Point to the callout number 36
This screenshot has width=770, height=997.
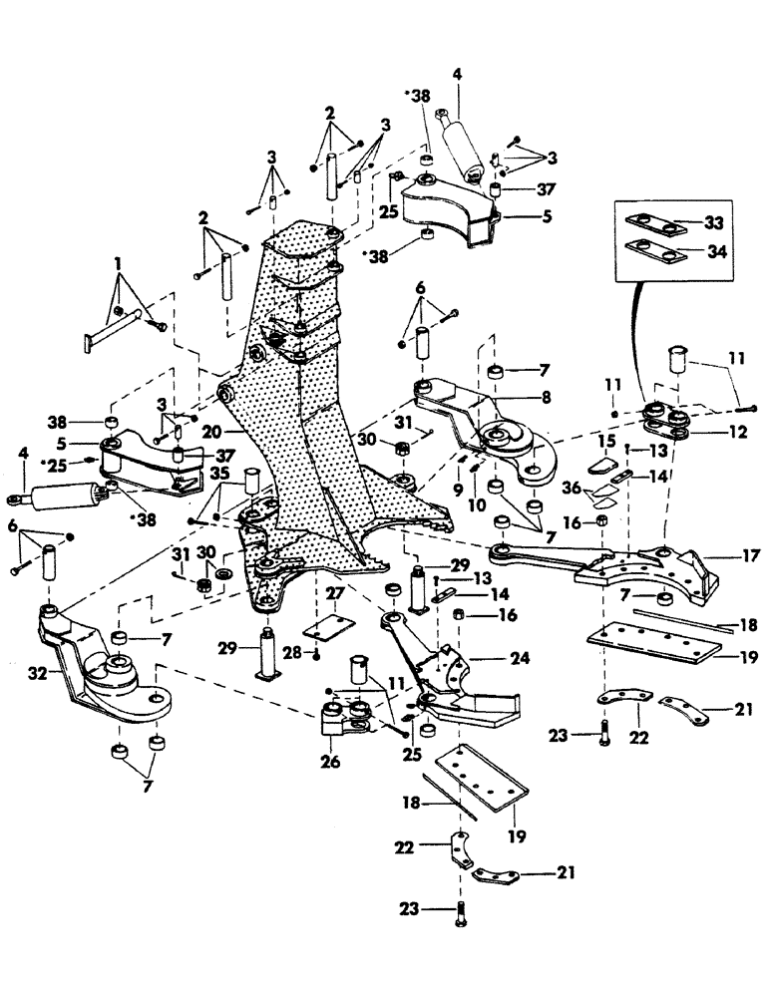point(572,488)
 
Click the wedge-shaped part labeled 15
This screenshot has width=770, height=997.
point(601,465)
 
